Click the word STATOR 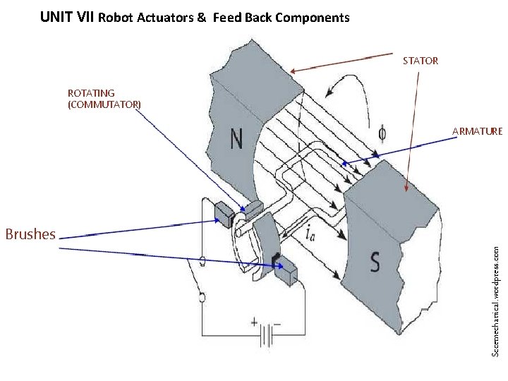[421, 61]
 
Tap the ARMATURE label [477, 131]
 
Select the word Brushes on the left [30, 234]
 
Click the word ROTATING [91, 92]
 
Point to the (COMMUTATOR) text [104, 104]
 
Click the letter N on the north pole [237, 138]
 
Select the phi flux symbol [382, 133]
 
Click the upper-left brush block [224, 214]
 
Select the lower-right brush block [287, 272]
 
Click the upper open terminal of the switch [202, 262]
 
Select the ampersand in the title [202, 18]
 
